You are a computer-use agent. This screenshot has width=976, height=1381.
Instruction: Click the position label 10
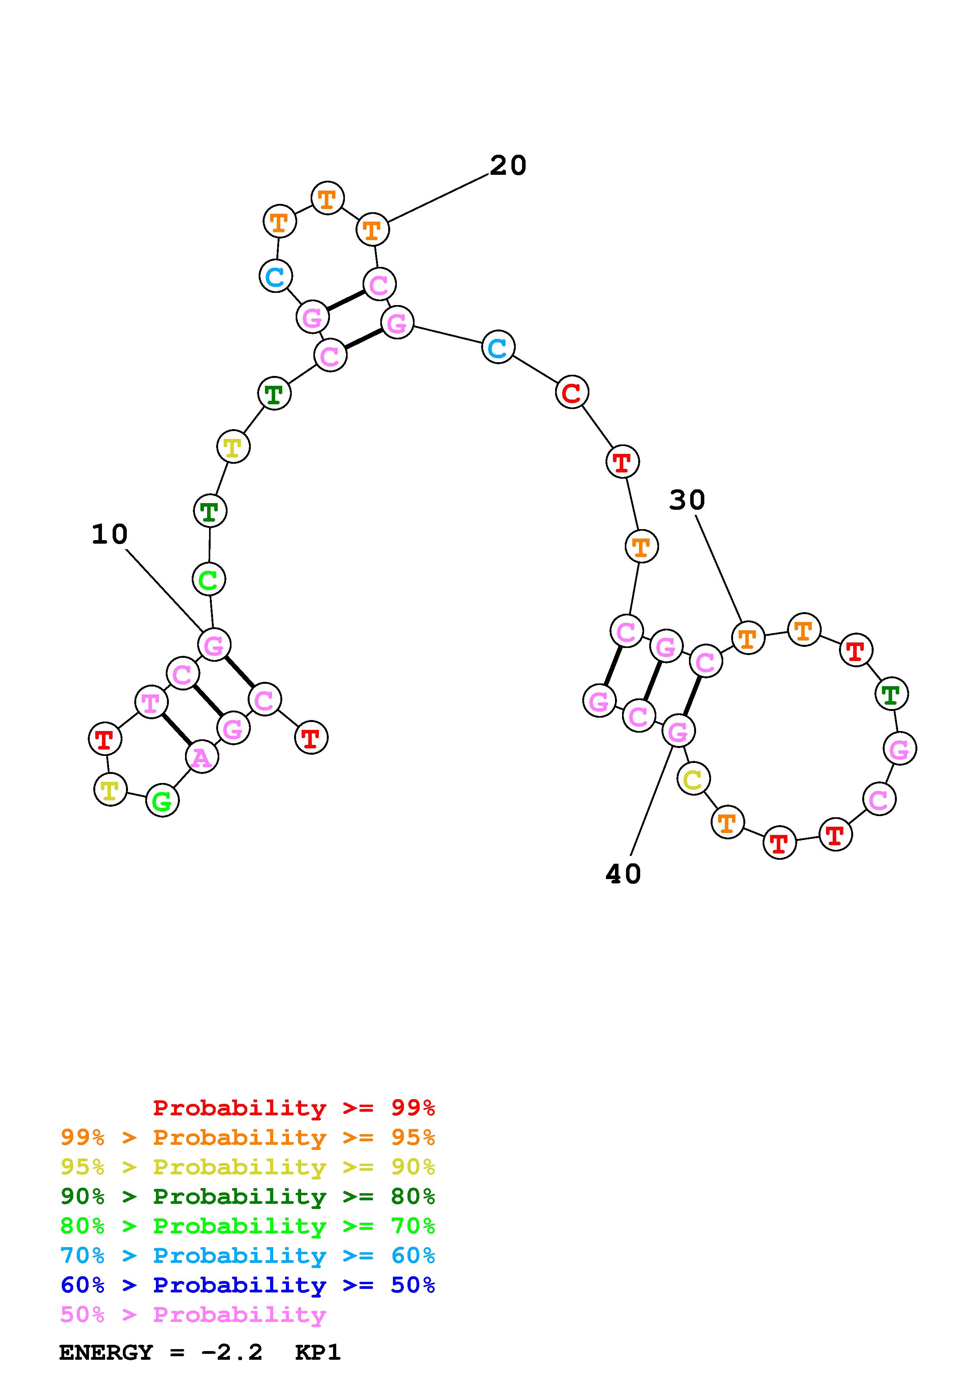coord(109,534)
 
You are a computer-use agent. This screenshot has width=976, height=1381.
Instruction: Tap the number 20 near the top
coord(508,165)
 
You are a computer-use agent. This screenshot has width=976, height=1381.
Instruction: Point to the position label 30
coord(687,500)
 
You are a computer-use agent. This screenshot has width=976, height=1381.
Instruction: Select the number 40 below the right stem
coord(623,874)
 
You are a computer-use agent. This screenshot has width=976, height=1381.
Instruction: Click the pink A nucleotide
coord(202,757)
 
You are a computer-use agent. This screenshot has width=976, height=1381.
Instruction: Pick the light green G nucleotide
coord(162,801)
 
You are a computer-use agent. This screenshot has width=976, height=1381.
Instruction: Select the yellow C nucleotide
coord(693,779)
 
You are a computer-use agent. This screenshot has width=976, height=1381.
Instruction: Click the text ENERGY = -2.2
coord(161,1353)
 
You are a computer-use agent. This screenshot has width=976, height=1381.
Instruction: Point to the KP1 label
coord(317,1353)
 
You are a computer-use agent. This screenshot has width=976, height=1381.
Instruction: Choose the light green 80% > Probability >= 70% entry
coord(248,1226)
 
